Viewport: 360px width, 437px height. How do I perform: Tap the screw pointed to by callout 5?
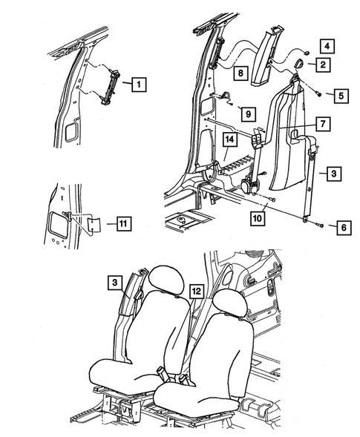(x=318, y=94)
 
